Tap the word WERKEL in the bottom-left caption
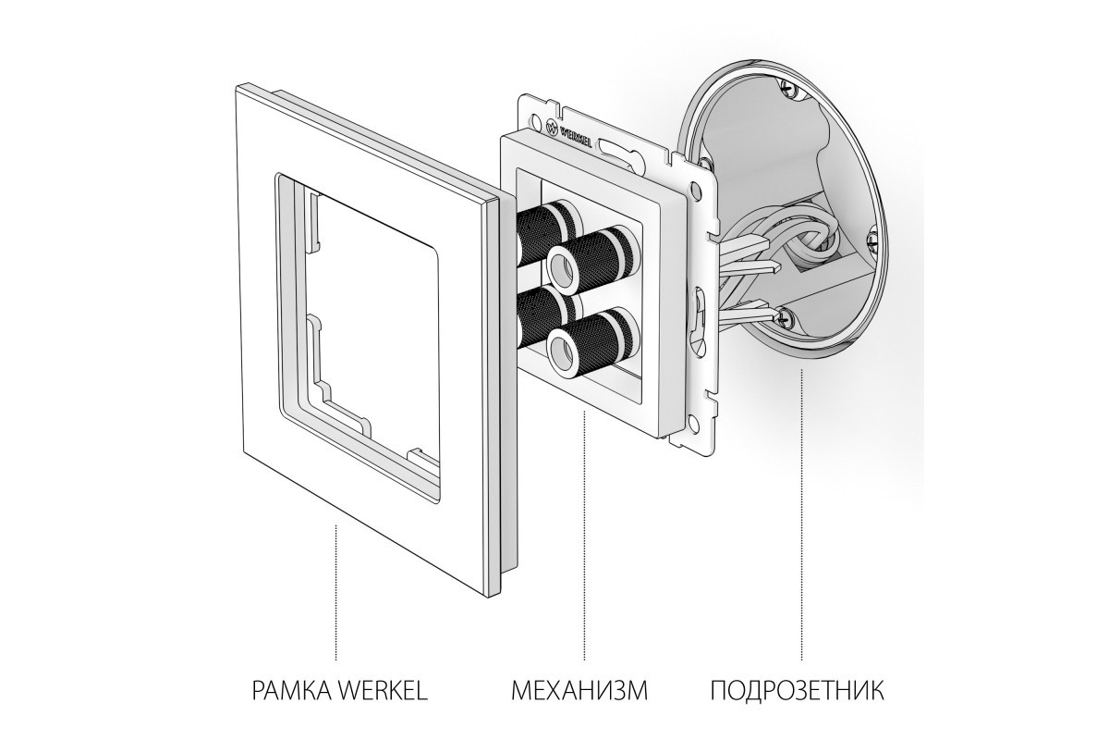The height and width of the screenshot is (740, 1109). click(383, 690)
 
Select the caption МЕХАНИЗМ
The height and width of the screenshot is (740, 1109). click(579, 690)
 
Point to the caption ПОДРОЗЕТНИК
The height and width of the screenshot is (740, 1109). click(797, 690)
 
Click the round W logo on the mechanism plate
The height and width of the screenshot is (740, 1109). click(552, 127)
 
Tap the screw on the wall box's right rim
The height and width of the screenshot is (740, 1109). click(871, 241)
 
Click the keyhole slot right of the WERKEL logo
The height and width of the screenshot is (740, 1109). click(618, 149)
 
